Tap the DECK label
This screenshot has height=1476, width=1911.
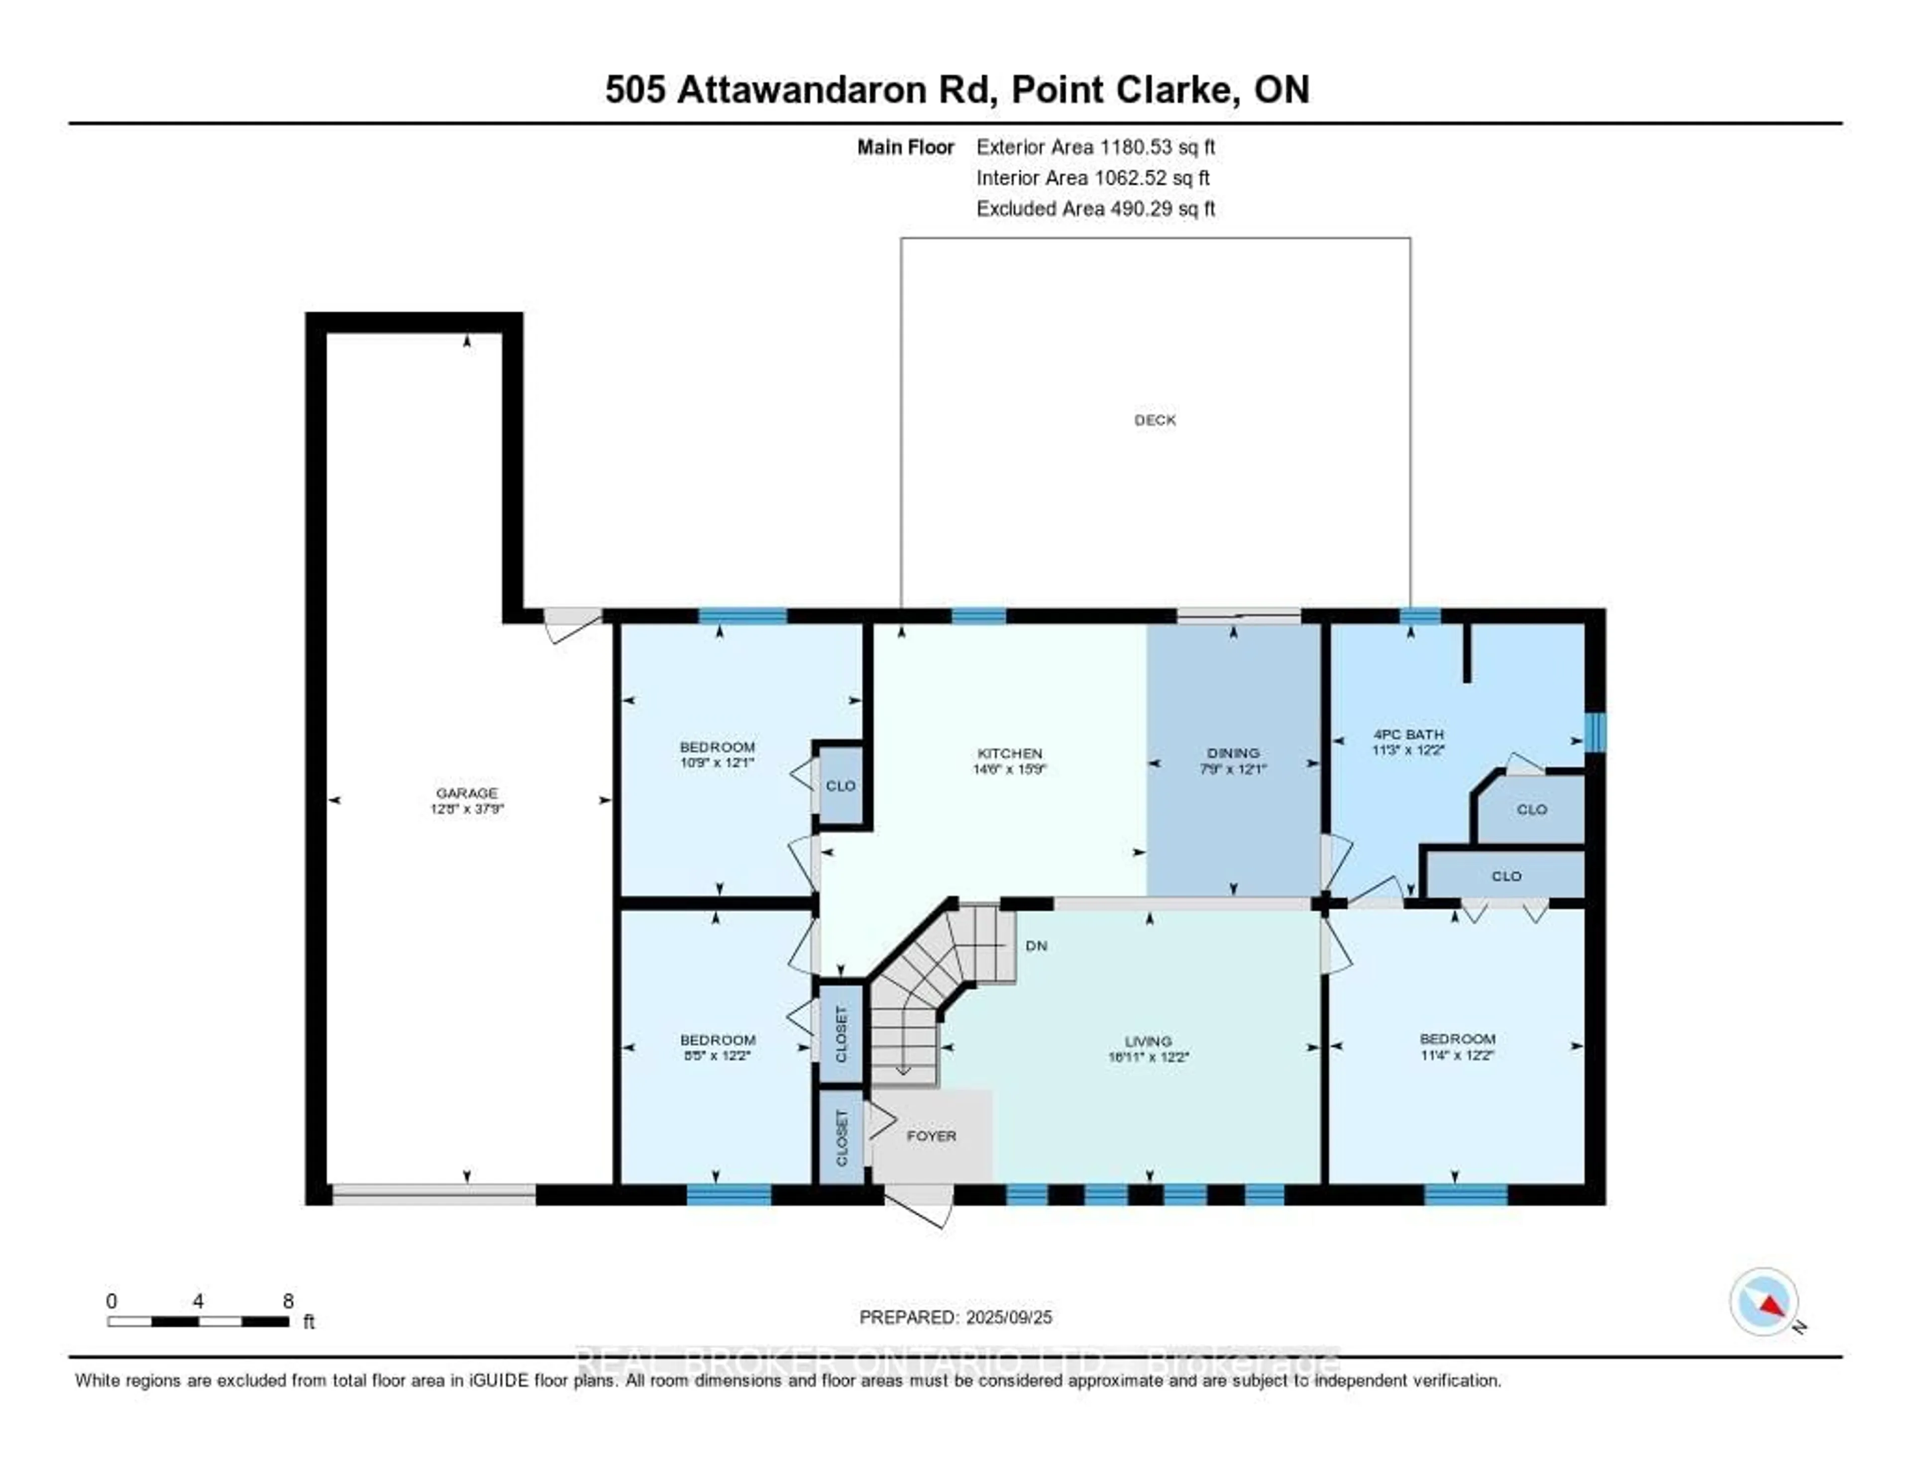tap(1155, 420)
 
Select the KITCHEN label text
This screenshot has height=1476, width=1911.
tap(1010, 753)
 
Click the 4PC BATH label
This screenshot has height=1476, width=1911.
tap(1408, 734)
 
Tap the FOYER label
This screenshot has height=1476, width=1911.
tap(931, 1136)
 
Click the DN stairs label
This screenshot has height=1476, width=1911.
tap(1036, 946)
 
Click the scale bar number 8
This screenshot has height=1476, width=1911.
tap(288, 1301)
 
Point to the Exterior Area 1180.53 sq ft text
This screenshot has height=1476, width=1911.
tap(1095, 147)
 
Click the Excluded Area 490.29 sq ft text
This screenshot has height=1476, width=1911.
tap(1095, 208)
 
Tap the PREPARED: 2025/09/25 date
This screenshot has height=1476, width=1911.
tap(955, 1317)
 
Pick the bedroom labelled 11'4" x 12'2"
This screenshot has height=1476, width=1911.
tap(1457, 1047)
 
